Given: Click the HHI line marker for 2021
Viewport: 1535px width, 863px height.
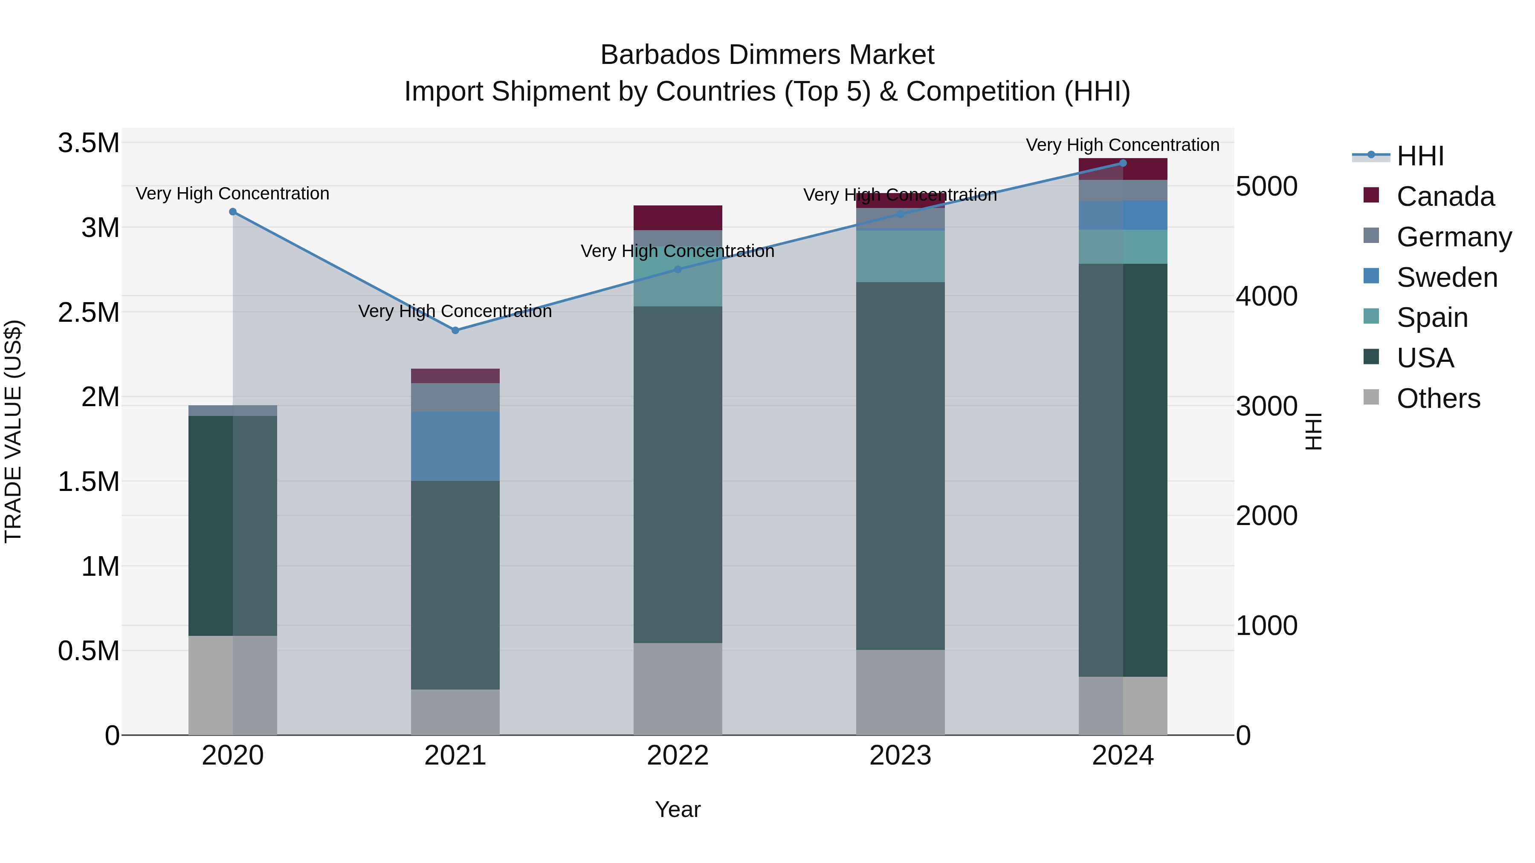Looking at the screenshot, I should pos(455,330).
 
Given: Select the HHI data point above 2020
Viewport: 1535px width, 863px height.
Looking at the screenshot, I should pos(233,211).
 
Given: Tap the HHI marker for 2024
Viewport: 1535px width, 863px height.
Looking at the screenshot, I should pos(1123,163).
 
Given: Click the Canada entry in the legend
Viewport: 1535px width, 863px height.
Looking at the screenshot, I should pos(1445,196).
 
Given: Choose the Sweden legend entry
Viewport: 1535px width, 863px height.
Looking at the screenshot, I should pos(1446,277).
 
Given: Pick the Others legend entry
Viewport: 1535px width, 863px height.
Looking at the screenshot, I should pos(1438,398).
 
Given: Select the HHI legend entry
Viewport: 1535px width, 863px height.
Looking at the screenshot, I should pos(1419,156).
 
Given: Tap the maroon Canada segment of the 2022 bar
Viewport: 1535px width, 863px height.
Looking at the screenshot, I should pos(678,217).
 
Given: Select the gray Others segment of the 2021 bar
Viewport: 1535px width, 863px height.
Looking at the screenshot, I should pos(455,712).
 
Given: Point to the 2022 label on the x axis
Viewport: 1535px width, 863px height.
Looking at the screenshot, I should pos(678,756).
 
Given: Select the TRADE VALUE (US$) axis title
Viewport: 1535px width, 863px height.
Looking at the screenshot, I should pos(13,431).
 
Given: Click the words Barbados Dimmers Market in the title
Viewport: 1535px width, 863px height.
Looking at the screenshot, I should pos(767,55).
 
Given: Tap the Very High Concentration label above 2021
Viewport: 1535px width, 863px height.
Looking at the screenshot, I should pos(455,311).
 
